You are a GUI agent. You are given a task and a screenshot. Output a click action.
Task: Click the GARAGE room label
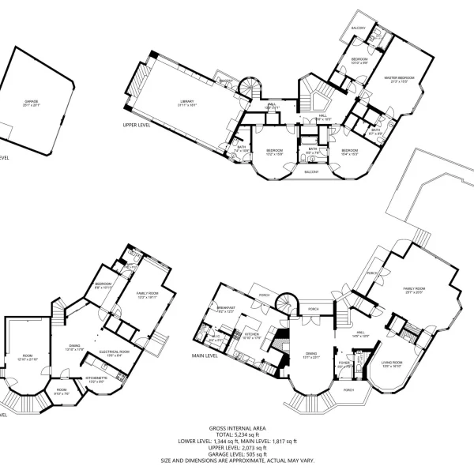(x=31, y=101)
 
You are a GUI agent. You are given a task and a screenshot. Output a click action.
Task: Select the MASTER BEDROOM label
(x=395, y=77)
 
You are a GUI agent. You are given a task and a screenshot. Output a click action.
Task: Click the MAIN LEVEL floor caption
(x=205, y=355)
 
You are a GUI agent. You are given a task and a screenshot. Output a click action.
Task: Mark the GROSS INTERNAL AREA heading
(x=238, y=427)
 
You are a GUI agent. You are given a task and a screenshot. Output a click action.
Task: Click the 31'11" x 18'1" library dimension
(x=187, y=105)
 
